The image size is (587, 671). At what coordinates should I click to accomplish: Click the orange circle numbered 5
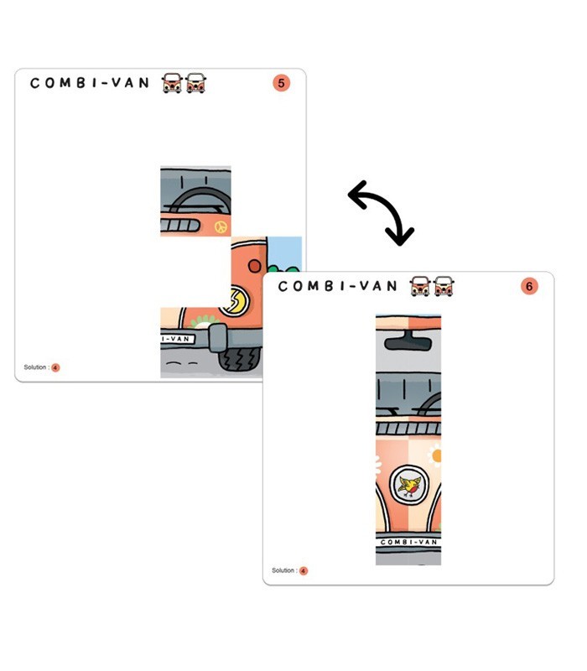point(281,83)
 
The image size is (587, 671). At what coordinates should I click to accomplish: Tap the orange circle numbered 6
point(529,286)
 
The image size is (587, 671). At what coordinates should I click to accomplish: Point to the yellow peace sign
point(221,226)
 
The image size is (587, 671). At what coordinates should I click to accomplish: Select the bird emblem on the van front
point(409,486)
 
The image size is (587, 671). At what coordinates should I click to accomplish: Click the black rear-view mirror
point(408,341)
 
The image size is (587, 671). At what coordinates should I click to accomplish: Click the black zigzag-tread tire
point(240,359)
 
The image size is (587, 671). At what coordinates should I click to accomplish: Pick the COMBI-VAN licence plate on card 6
point(408,542)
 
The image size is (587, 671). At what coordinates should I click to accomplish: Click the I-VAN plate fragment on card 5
point(177,339)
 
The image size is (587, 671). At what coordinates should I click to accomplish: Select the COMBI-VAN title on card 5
point(90,83)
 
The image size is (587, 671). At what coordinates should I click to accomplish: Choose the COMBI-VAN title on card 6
point(338,286)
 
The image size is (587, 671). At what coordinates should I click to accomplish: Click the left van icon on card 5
point(172,83)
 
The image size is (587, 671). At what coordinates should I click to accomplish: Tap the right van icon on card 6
point(444,286)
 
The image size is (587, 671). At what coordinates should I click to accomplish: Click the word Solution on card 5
point(34,367)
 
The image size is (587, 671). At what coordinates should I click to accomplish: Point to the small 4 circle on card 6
point(304,571)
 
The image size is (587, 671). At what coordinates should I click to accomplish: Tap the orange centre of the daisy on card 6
point(436,455)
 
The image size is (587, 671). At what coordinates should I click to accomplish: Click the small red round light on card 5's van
point(255,266)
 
